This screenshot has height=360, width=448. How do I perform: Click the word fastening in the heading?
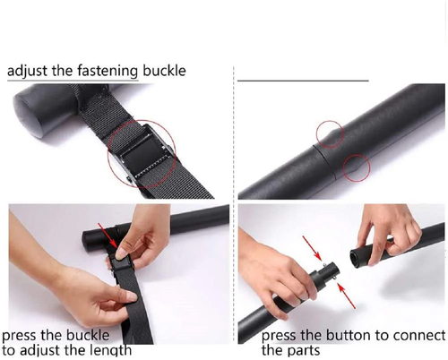click(x=108, y=71)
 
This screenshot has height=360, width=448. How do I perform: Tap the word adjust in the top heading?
click(x=27, y=72)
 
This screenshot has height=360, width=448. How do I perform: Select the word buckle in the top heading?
click(x=164, y=71)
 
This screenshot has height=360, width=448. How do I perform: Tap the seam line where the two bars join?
click(x=324, y=161)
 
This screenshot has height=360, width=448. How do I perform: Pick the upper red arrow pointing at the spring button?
click(x=312, y=248)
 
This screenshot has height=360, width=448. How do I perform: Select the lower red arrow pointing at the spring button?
click(x=347, y=296)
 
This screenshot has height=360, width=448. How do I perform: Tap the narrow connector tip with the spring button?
click(x=331, y=270)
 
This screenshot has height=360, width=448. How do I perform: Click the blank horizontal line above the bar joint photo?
click(x=303, y=81)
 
